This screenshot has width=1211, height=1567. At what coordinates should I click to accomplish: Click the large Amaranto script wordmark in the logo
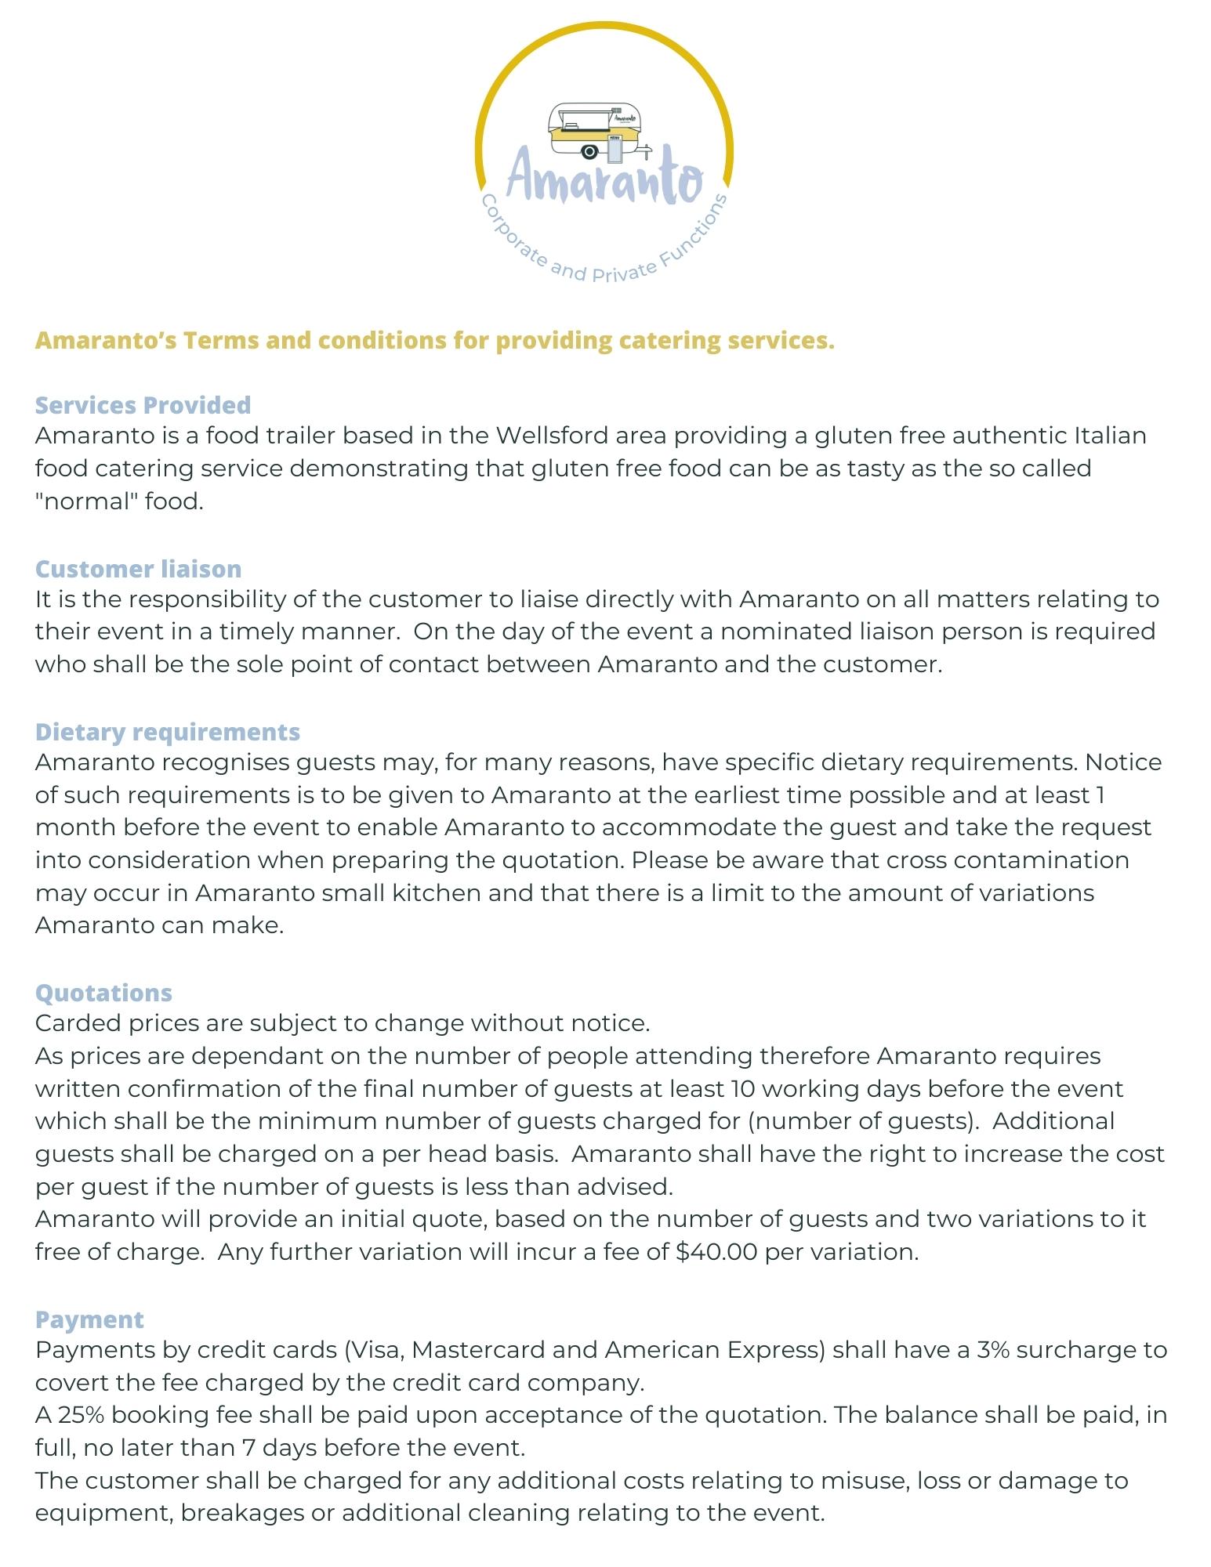click(x=604, y=177)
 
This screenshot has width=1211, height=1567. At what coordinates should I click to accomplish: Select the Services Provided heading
click(x=143, y=405)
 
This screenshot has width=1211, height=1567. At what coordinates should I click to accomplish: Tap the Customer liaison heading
click(x=138, y=569)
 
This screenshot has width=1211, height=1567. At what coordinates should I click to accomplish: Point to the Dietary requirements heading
click(x=168, y=732)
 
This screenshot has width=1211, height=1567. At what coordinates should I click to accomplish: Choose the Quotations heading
click(x=103, y=993)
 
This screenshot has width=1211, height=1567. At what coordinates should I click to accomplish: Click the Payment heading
click(x=89, y=1319)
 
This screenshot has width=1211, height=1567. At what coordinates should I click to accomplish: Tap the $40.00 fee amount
click(x=716, y=1252)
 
